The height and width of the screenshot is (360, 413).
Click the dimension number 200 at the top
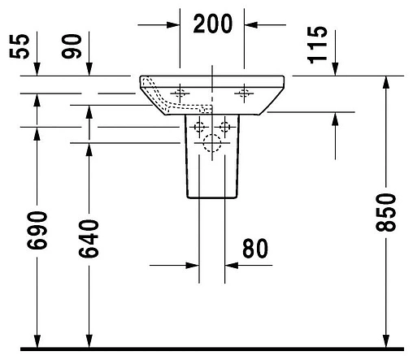(212, 24)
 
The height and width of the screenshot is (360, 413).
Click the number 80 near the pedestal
(255, 248)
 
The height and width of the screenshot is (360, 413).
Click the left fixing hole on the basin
(180, 93)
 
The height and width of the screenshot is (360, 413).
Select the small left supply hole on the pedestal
(198, 126)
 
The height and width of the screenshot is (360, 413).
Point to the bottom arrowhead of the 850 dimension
(385, 340)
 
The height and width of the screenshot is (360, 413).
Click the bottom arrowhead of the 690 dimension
(35, 340)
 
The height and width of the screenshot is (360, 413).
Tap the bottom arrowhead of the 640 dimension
(89, 340)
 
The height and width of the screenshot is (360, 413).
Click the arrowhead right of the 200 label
(253, 24)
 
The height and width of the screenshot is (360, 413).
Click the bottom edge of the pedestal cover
(211, 197)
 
